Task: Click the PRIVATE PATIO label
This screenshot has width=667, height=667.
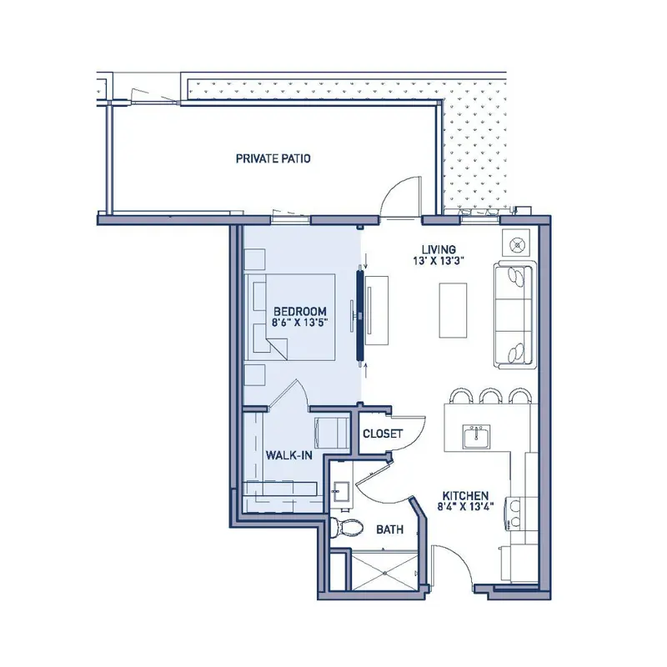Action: (x=273, y=158)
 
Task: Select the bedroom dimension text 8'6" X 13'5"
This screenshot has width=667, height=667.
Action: (x=299, y=322)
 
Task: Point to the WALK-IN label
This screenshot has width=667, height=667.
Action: (x=288, y=455)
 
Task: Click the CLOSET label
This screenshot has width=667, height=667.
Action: (x=383, y=434)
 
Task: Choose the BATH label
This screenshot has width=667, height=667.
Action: (x=389, y=529)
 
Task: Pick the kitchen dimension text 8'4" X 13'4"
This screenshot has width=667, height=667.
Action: (x=465, y=506)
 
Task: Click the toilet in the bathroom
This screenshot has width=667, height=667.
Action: (x=347, y=529)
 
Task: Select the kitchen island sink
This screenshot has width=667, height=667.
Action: (x=477, y=436)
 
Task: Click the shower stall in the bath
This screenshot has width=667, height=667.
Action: (x=385, y=570)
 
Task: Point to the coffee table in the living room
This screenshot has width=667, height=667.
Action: (x=453, y=310)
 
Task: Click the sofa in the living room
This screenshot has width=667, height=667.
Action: (x=514, y=315)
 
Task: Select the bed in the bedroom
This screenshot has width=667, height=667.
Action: (x=289, y=318)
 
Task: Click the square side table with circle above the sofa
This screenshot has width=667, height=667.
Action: (x=516, y=244)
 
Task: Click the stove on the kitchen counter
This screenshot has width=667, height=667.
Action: (x=514, y=514)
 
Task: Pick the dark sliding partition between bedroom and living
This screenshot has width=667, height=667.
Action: (x=360, y=314)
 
